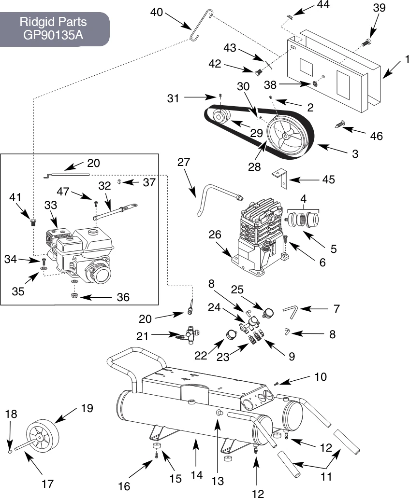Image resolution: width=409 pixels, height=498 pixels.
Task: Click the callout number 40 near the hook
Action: (x=156, y=12)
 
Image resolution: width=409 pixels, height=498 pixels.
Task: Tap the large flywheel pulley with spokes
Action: (x=288, y=136)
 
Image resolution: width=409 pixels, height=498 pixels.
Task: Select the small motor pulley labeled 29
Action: (x=219, y=116)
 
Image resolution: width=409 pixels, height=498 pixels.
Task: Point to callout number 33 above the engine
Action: (x=51, y=205)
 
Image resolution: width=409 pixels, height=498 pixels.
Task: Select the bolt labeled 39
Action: (x=367, y=41)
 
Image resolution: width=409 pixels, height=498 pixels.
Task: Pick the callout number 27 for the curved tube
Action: (x=184, y=162)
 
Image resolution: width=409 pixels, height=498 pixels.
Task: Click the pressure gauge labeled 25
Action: (x=268, y=313)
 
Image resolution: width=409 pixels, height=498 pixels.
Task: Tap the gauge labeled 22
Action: (x=231, y=334)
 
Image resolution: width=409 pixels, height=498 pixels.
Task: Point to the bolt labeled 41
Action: (x=32, y=222)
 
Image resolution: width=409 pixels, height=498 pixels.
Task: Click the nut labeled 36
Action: (x=74, y=296)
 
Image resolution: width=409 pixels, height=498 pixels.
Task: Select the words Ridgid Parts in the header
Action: (x=53, y=22)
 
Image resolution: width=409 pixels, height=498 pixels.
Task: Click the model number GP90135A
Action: (x=53, y=34)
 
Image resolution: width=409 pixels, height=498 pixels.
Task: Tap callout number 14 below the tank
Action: (x=197, y=475)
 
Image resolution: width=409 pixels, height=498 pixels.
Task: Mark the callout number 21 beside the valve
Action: (x=142, y=336)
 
